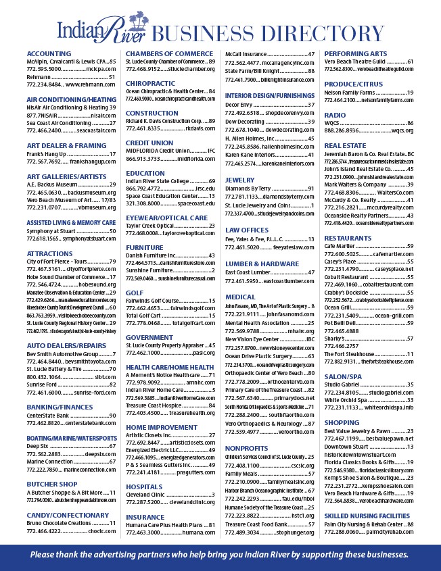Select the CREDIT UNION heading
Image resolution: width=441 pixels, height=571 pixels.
point(149,143)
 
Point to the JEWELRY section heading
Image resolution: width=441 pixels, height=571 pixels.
point(239,180)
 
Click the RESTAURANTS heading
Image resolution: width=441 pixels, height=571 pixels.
point(348,238)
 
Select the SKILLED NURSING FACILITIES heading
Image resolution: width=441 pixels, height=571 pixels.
point(367,516)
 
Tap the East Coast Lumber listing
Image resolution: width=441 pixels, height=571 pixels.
point(251,272)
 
